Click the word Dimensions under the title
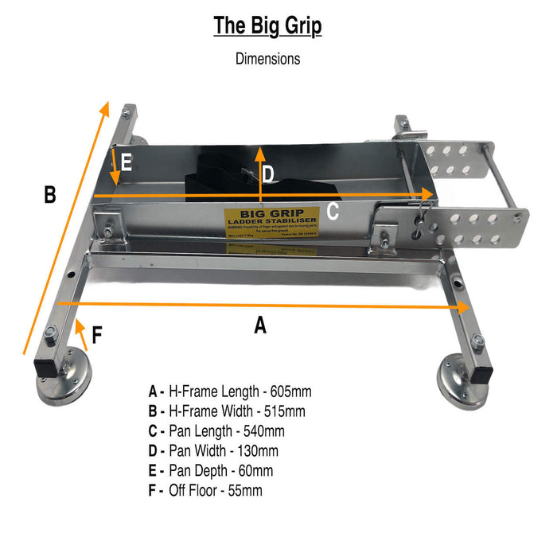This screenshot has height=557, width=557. tap(267, 58)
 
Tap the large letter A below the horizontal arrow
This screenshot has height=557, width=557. tap(259, 325)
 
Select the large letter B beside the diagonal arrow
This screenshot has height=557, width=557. tap(49, 194)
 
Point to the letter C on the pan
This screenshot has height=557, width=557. tap(333, 211)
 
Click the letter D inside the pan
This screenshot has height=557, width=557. tap(269, 174)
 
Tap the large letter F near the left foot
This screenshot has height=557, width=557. tap(97, 335)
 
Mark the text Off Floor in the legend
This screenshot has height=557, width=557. tap(193, 490)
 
